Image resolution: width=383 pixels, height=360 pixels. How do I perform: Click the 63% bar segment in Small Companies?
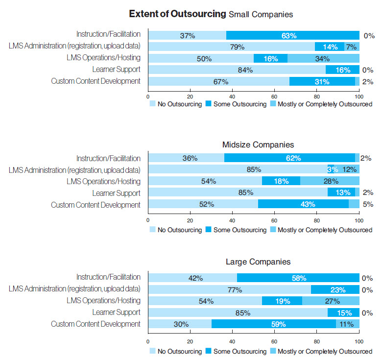click(x=292, y=35)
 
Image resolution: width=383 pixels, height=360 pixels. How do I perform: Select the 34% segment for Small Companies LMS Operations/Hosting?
click(x=323, y=59)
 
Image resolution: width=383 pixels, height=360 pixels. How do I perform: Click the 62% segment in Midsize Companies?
click(x=289, y=158)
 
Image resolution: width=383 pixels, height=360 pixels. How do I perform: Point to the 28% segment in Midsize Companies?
click(x=330, y=181)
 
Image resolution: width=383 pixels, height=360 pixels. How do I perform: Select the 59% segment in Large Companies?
click(x=274, y=324)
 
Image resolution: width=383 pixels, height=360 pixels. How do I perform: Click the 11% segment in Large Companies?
click(x=348, y=324)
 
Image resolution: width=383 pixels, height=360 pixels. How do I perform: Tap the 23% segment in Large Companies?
click(x=335, y=289)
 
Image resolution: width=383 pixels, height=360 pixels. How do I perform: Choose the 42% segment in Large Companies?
click(x=192, y=278)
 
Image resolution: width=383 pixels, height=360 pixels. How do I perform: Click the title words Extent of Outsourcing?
click(x=177, y=14)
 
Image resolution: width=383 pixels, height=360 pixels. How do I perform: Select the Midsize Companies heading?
click(x=258, y=144)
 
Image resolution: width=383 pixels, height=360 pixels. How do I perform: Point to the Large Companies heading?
click(x=258, y=262)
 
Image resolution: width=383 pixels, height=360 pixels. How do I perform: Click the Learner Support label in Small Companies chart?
click(x=117, y=70)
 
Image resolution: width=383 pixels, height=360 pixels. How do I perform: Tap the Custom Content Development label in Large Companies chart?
click(x=96, y=324)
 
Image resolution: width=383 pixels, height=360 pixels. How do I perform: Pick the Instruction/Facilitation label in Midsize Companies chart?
click(x=108, y=158)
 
